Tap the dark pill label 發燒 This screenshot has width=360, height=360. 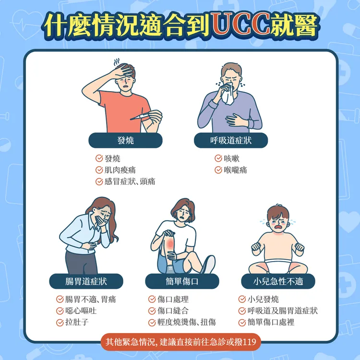click(125, 140)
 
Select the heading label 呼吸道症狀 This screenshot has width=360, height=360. click(231, 140)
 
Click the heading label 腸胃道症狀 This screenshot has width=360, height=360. click(86, 281)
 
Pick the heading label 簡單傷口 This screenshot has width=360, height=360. click(182, 281)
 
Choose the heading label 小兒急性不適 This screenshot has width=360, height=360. click(278, 281)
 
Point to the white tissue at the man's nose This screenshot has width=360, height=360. click(228, 95)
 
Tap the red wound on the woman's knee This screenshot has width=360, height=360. click(170, 243)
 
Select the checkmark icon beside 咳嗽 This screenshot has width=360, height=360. click(218, 158)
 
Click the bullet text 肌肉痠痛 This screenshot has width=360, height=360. click(120, 170)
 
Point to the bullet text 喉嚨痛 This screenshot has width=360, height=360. click(235, 170)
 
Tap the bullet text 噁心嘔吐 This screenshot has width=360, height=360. click(81, 311)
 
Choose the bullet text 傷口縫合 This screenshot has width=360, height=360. click(173, 311)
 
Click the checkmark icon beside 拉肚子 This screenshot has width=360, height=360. click(60, 323)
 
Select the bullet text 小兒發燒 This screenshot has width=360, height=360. click(263, 299)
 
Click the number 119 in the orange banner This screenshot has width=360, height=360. click(249, 342)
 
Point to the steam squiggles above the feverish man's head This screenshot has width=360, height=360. click(117, 62)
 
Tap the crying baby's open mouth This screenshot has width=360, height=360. click(278, 227)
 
